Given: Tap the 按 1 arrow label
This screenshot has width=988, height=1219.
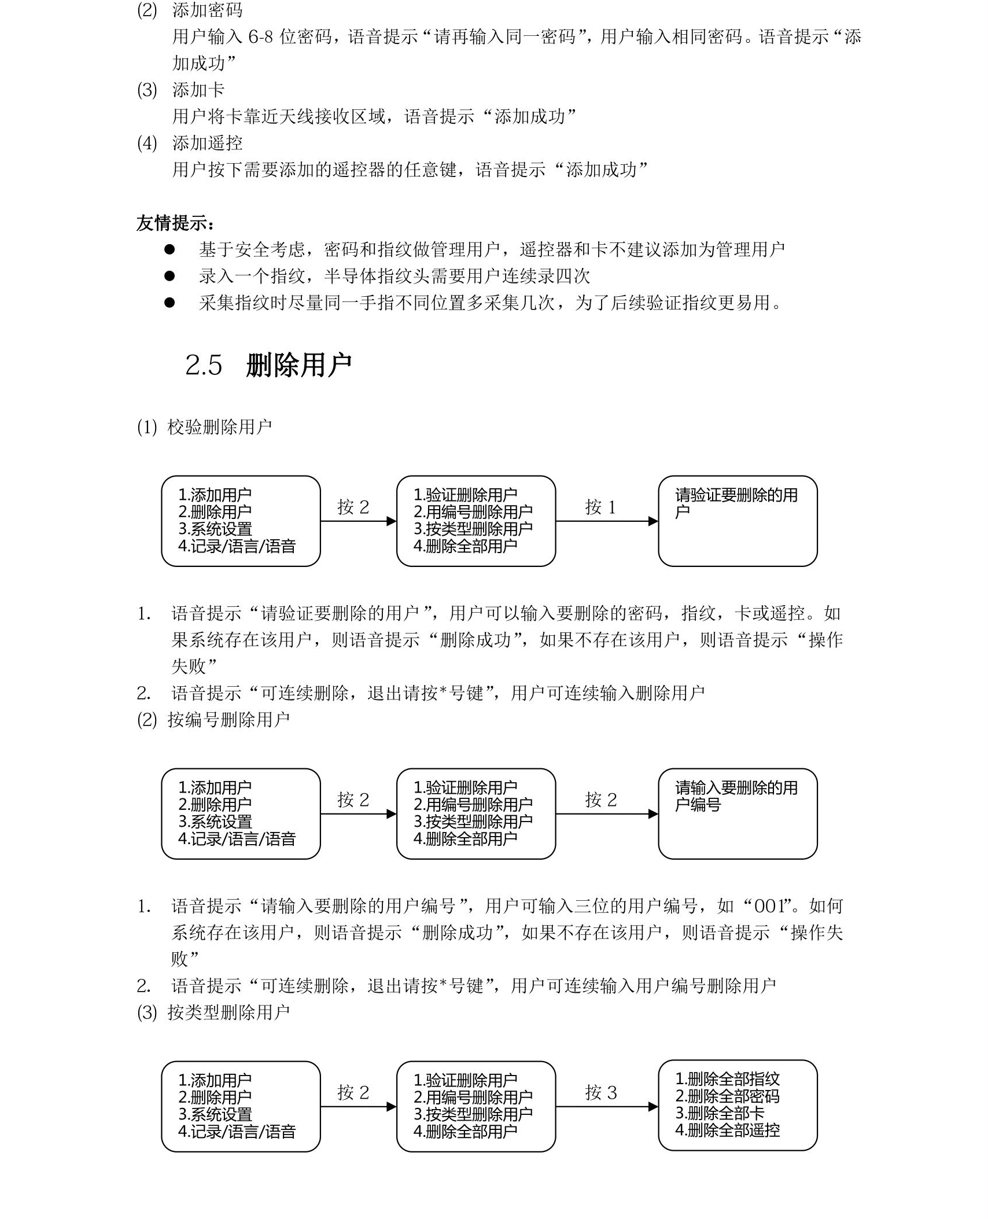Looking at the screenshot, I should coord(600,507).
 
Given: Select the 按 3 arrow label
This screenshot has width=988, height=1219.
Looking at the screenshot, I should coord(600,1093).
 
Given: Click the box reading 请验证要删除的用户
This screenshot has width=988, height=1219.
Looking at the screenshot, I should coord(737,521).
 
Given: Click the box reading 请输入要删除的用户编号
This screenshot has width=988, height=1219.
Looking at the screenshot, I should coord(737,813).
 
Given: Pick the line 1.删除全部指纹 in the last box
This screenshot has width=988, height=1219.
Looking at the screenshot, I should coord(727,1079).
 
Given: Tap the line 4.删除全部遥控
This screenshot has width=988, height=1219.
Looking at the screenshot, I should coord(727,1130).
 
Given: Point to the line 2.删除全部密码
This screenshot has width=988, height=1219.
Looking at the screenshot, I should coord(727,1096).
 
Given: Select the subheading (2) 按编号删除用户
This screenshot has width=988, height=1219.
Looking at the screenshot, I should coord(213,720).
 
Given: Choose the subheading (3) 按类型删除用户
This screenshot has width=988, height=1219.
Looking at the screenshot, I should coord(213,1012).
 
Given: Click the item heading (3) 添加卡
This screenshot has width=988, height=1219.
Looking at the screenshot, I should coord(181,90).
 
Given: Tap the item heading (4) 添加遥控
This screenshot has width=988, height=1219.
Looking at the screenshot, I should coord(190,143).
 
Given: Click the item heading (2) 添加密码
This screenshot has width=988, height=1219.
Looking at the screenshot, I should coord(190,10).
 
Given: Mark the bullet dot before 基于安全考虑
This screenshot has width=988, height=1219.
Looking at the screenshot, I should coord(169,249).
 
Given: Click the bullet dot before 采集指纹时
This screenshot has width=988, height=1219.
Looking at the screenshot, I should coord(169,303).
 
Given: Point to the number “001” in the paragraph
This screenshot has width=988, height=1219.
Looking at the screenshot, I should coord(773,906).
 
